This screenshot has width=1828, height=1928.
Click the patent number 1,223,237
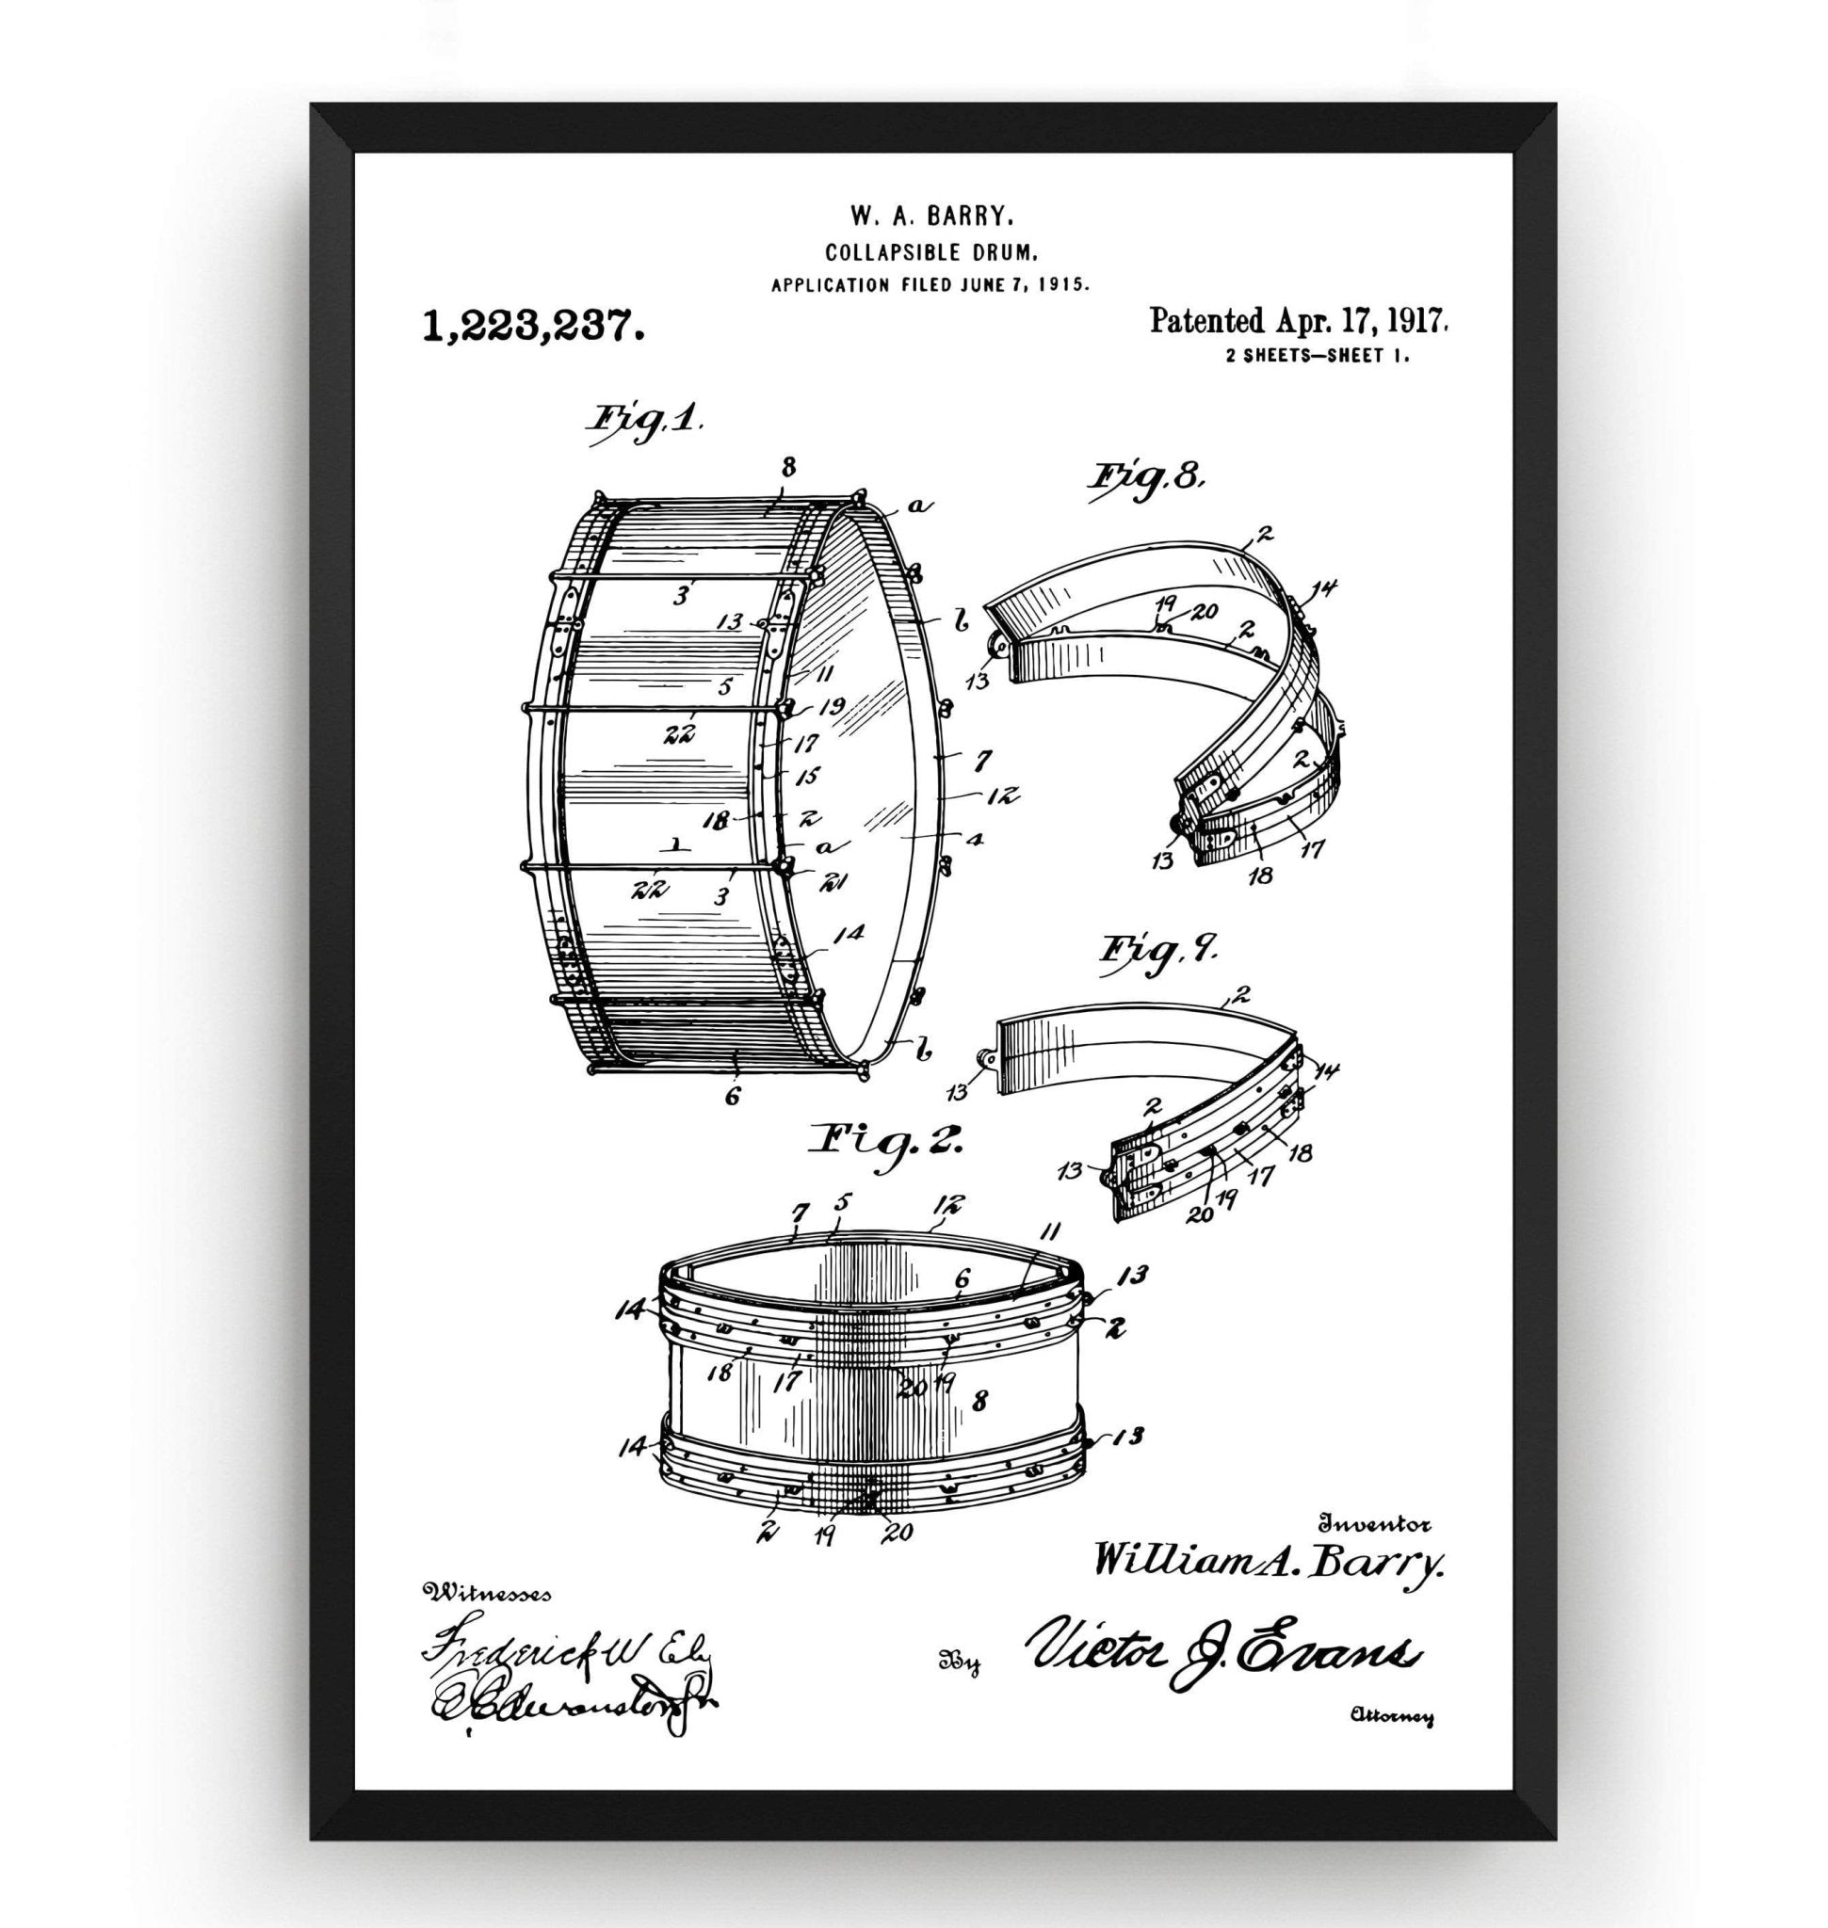pos(532,326)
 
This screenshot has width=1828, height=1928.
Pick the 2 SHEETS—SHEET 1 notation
pos(1318,356)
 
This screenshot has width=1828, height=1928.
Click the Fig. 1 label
pos(644,423)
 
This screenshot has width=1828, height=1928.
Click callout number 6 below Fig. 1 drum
pos(732,1097)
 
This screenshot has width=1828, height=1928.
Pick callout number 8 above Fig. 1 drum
pos(788,467)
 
